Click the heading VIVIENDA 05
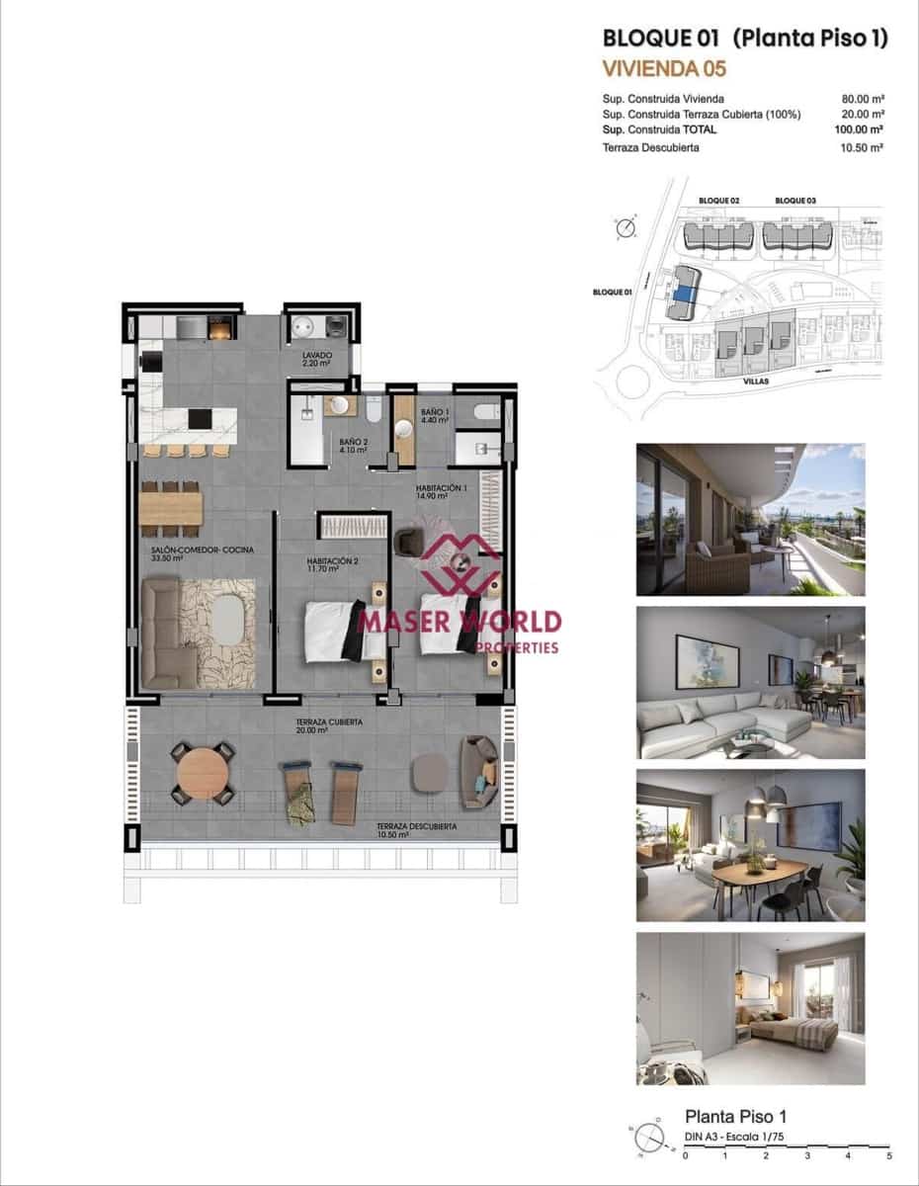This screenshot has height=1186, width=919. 664,68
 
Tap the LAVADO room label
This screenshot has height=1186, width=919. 318,355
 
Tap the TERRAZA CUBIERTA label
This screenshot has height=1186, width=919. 329,722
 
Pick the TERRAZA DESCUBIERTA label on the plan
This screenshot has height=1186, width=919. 416,826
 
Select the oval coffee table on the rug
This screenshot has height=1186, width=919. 229,620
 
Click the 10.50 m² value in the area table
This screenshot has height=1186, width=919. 862,147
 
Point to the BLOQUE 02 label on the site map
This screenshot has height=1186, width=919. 718,201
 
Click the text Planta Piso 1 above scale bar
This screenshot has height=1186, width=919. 735,1117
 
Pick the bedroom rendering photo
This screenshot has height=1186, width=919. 750,1008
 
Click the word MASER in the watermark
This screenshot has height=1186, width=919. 402,622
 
